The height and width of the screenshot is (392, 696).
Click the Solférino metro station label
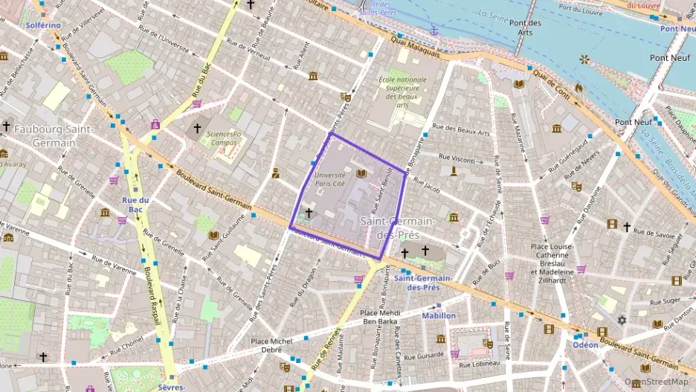click(x=43, y=25)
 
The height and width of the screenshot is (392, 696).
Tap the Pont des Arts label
click(x=525, y=27)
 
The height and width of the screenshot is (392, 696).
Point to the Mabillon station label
click(x=439, y=315)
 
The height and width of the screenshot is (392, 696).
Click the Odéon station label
click(x=586, y=345)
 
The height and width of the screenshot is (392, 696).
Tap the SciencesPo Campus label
click(x=225, y=138)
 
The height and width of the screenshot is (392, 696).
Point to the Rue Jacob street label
click(x=427, y=190)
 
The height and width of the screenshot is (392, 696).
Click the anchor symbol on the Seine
click(x=435, y=30)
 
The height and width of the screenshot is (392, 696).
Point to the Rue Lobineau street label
click(x=480, y=364)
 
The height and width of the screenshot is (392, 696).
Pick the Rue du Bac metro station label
click(x=136, y=205)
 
